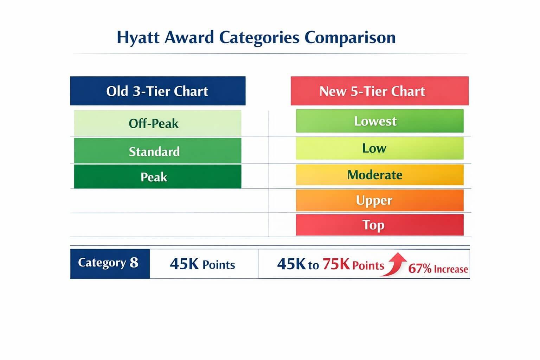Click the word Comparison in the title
pos(350,38)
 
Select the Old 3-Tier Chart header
pos(157,91)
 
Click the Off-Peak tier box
pos(157,123)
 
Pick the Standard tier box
pos(157,151)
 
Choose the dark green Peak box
pos(157,177)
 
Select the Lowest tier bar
pos(379,121)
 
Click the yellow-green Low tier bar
pos(379,148)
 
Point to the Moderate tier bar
pos(379,175)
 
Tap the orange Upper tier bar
pos(379,200)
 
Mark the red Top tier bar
pos(379,225)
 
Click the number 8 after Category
pos(134,263)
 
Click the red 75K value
pos(336,264)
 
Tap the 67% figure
pos(420,269)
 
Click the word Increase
pos(451,269)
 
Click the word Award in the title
pos(189,38)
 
